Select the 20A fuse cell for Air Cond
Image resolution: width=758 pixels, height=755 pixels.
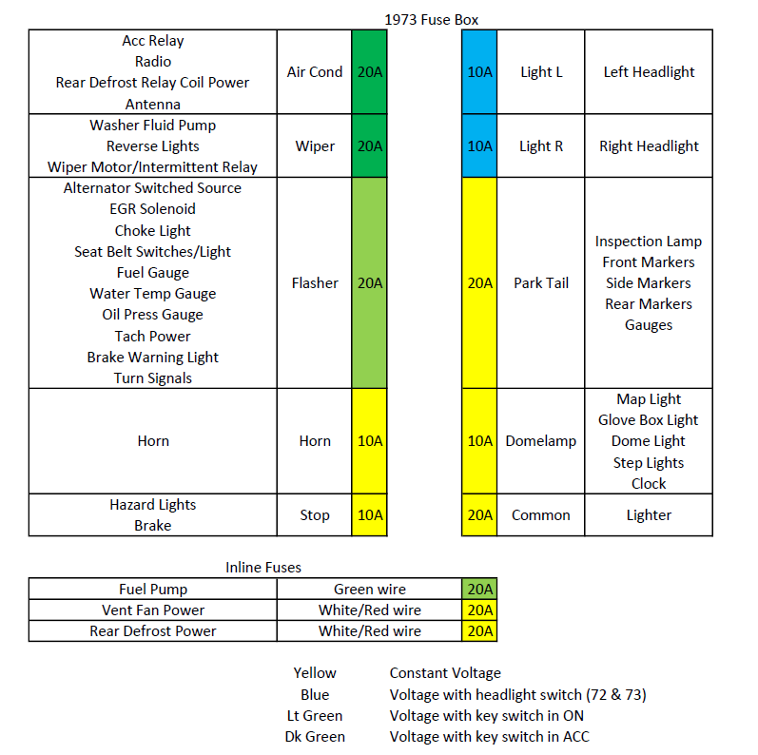(369, 72)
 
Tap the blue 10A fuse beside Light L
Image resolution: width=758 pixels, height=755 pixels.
(479, 72)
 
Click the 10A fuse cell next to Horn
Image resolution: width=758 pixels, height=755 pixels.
(369, 441)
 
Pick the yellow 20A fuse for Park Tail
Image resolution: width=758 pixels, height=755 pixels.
(479, 283)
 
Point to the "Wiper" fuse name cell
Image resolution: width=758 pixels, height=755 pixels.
(315, 146)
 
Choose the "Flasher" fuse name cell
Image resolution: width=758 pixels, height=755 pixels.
(315, 283)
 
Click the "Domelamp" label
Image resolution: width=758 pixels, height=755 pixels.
(540, 441)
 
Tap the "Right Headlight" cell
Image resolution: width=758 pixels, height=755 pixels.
(649, 146)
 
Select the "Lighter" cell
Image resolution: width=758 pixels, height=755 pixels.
(649, 515)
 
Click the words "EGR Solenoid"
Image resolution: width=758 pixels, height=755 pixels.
(153, 209)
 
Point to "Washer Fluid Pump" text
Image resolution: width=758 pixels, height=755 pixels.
(153, 126)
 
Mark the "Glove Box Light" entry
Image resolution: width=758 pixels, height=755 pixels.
(649, 420)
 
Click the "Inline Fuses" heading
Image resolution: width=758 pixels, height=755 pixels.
(263, 568)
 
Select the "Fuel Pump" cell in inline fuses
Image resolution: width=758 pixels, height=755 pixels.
(153, 590)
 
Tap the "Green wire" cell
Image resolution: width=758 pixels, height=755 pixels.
(369, 590)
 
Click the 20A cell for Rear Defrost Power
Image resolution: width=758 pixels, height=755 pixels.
(479, 631)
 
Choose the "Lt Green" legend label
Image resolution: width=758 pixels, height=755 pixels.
(315, 716)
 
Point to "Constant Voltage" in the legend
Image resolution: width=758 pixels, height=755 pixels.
(445, 673)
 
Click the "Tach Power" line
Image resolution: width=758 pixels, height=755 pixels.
(153, 337)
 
